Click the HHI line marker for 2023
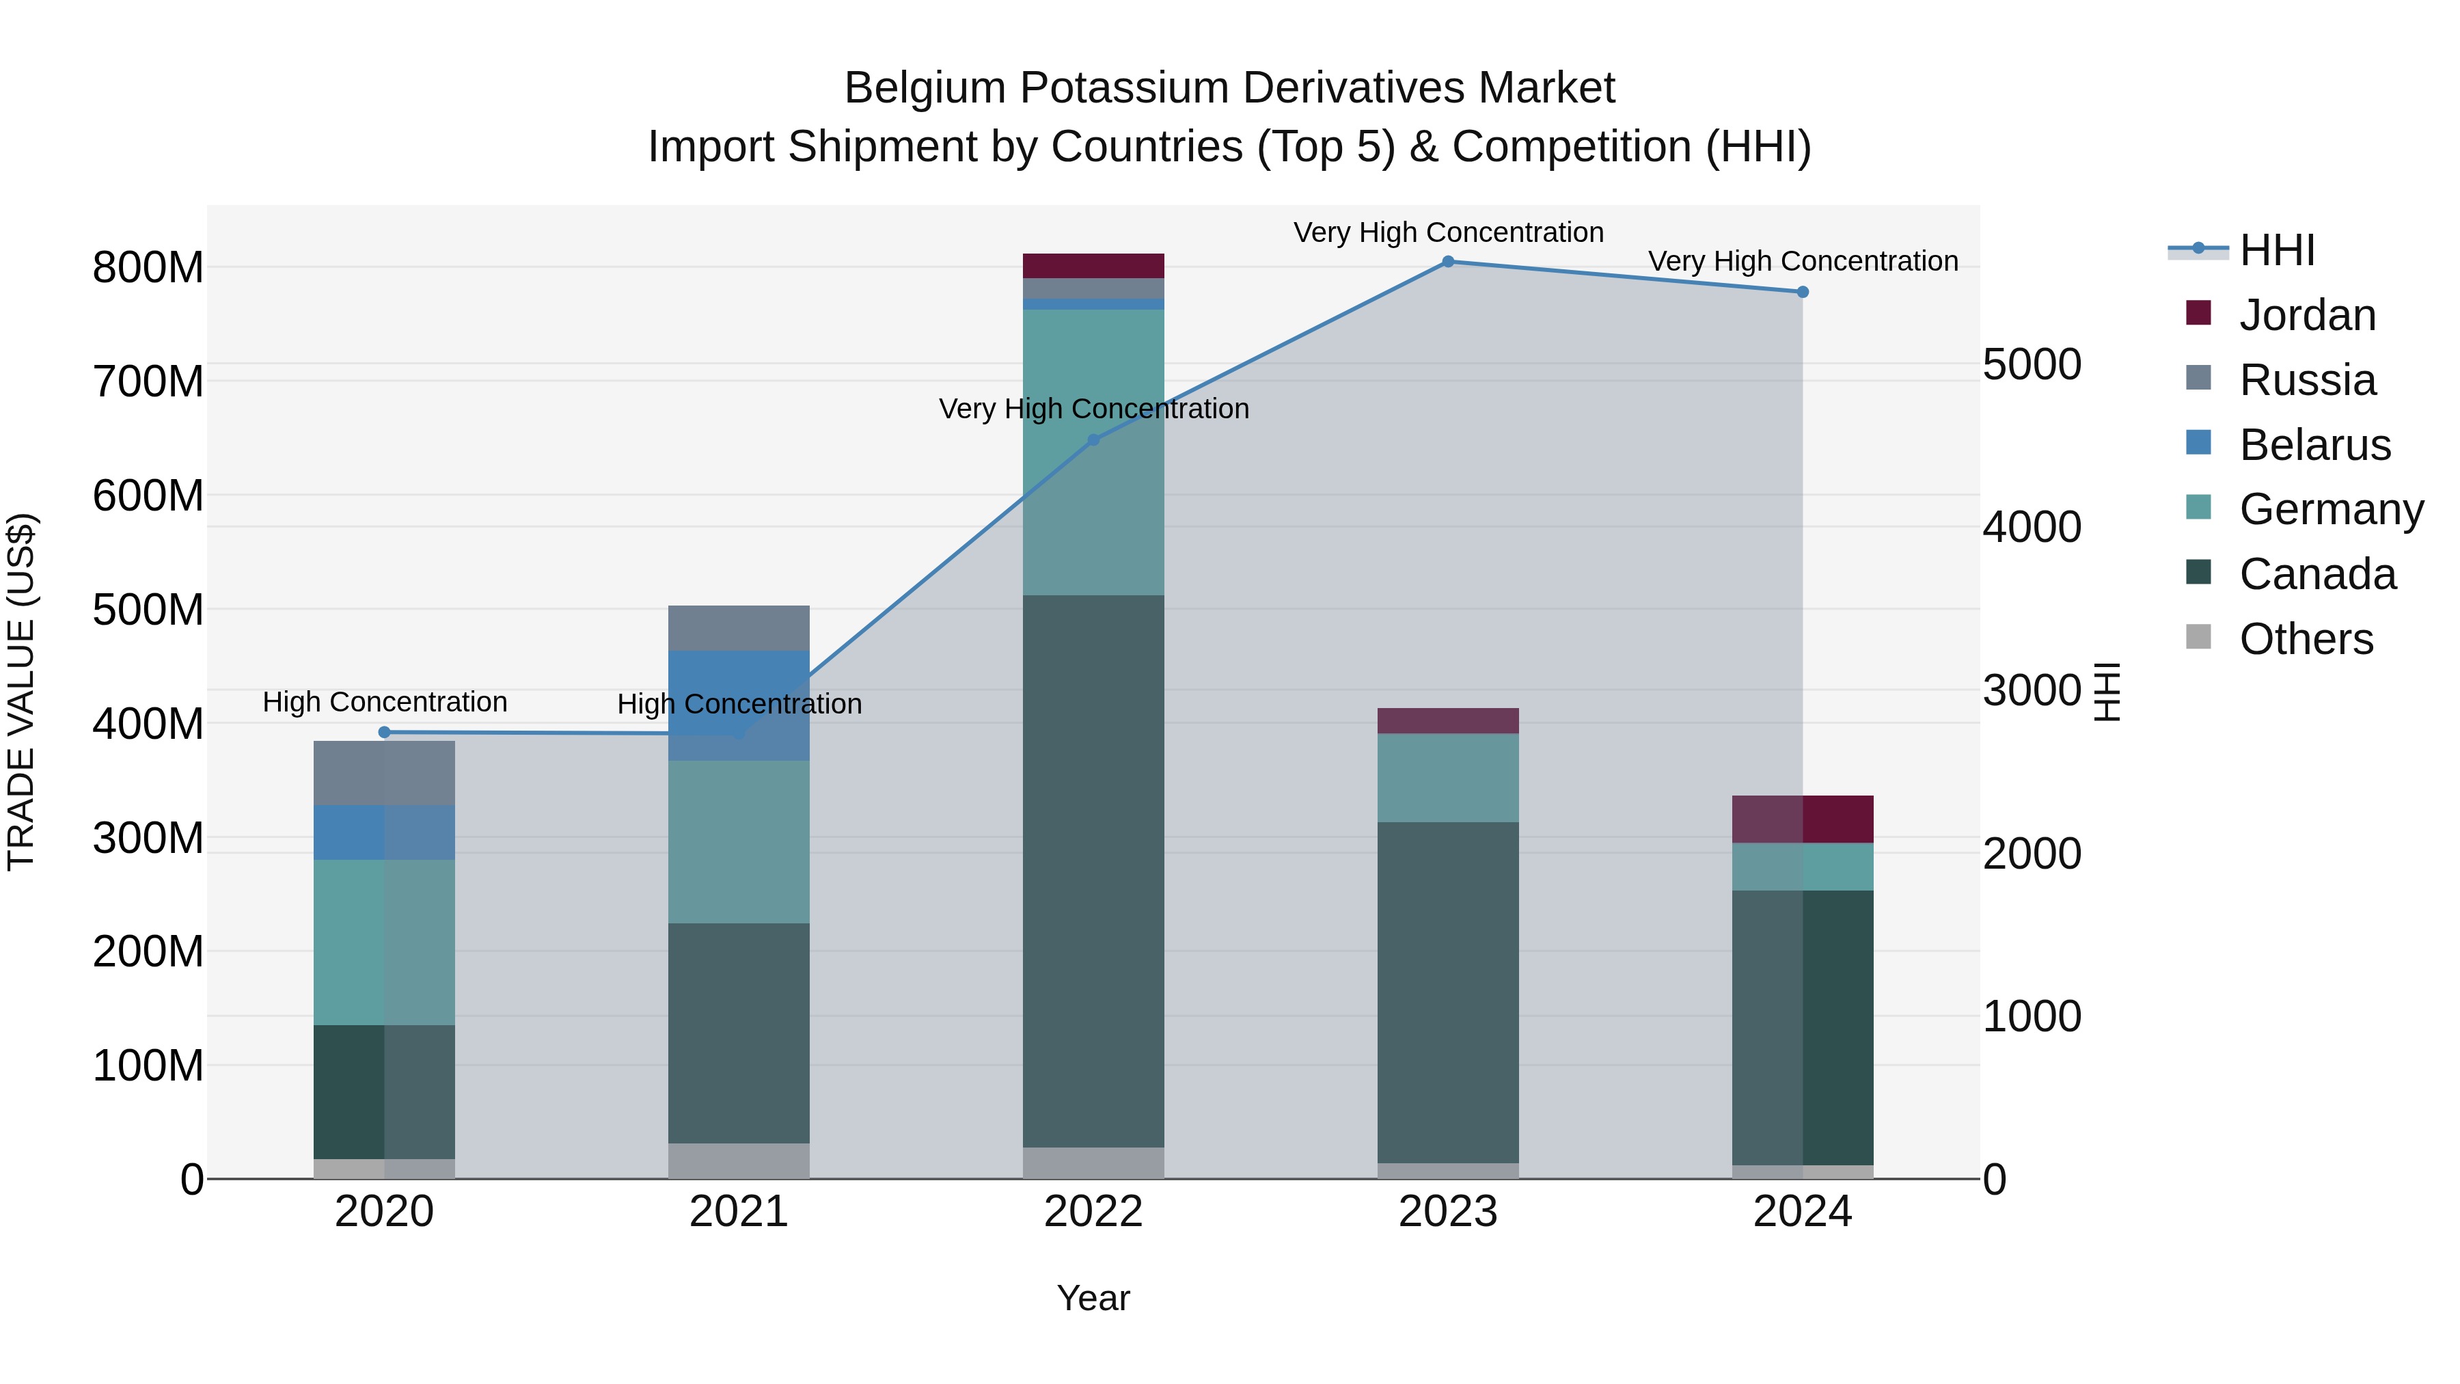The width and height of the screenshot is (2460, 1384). [1448, 262]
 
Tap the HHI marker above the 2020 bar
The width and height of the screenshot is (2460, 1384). [385, 733]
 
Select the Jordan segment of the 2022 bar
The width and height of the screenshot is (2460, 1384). [1093, 266]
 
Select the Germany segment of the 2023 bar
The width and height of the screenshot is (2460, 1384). [1448, 778]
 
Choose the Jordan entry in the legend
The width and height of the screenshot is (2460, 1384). [2306, 315]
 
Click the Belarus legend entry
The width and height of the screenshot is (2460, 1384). [2314, 445]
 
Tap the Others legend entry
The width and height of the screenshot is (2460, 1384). [2306, 639]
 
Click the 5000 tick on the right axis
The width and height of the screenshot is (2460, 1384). [2032, 365]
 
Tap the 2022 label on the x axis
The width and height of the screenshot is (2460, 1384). [1093, 1212]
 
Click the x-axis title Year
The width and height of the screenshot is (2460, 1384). [1093, 1298]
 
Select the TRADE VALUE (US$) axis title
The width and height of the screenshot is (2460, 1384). [21, 692]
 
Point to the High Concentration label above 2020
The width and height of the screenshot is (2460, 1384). [385, 702]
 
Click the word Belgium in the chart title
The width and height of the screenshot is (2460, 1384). [925, 88]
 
